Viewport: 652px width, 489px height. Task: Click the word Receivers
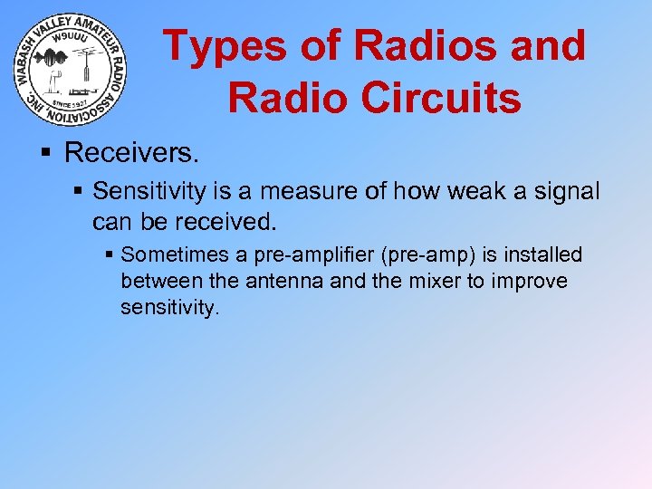coord(130,152)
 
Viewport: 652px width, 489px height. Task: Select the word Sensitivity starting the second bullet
coord(146,191)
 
